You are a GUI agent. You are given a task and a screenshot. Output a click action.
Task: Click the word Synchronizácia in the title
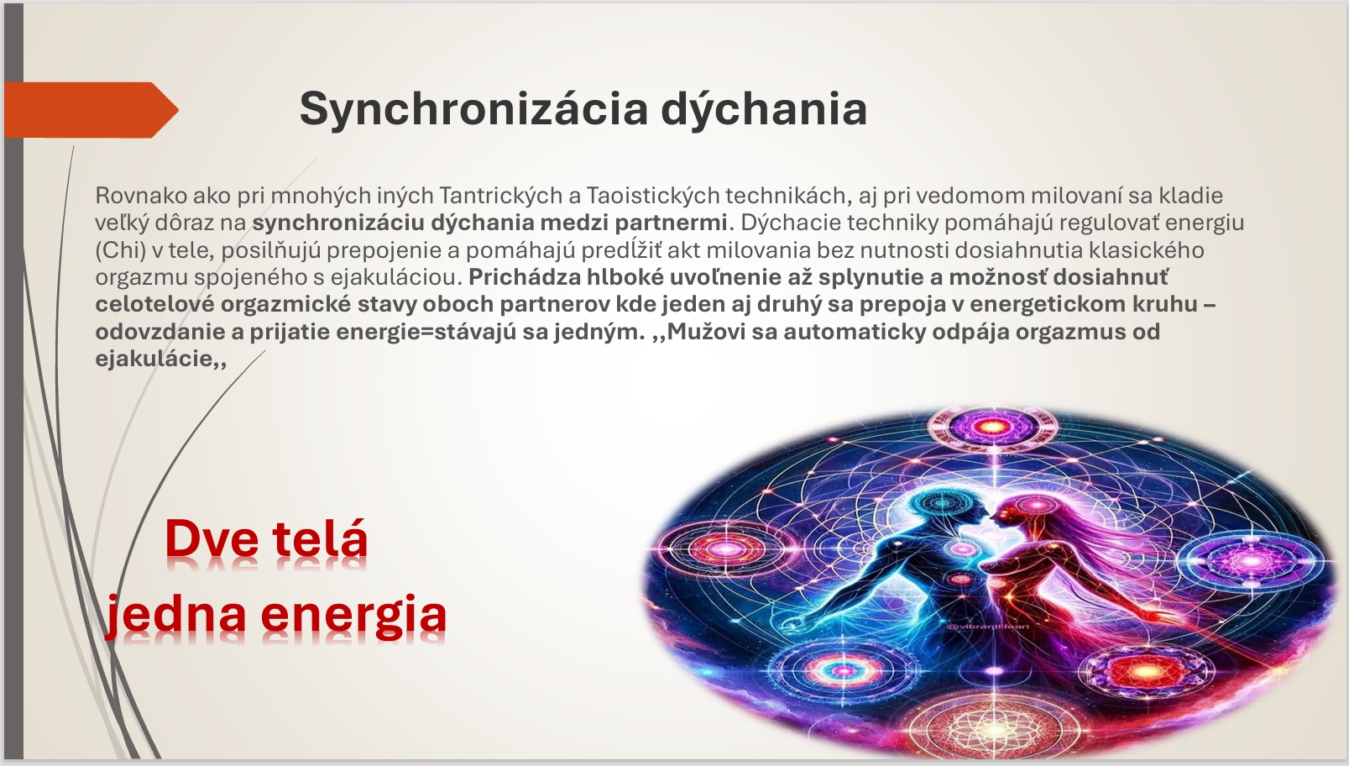tap(473, 109)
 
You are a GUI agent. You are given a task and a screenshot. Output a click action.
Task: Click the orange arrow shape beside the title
tap(92, 110)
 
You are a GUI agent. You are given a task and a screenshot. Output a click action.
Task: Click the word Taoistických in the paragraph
tap(653, 195)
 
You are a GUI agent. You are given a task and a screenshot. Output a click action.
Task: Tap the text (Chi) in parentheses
tap(120, 250)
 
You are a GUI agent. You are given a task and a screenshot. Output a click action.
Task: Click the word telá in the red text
tap(320, 538)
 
